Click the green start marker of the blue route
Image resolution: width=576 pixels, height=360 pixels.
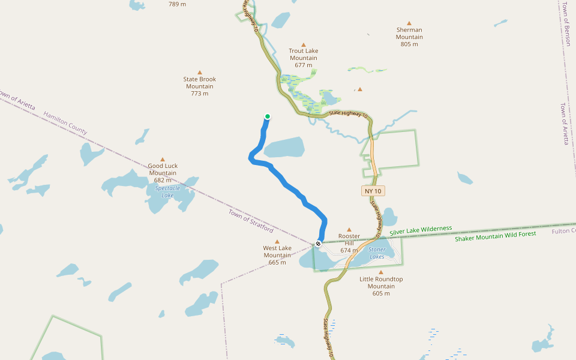click(268, 116)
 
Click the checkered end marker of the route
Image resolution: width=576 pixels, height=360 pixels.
click(318, 244)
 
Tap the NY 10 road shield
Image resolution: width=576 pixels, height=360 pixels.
click(373, 191)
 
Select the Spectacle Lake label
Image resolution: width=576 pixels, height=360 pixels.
click(167, 191)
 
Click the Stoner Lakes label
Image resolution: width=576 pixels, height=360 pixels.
click(377, 253)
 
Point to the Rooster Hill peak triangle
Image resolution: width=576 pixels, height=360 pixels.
click(349, 229)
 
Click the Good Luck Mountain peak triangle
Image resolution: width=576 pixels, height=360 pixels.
click(162, 159)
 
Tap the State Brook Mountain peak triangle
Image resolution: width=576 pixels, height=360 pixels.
click(200, 72)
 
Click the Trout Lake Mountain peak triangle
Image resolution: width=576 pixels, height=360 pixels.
click(304, 44)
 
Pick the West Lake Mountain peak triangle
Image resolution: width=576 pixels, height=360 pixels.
click(277, 241)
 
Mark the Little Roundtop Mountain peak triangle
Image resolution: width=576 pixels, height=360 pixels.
click(381, 272)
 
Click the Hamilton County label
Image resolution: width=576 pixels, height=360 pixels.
click(65, 122)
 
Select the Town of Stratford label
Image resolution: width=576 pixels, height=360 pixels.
click(251, 221)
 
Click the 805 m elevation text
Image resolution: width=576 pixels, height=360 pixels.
click(409, 44)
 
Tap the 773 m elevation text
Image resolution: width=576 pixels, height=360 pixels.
click(200, 93)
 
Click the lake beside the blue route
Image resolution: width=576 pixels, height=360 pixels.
click(283, 148)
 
